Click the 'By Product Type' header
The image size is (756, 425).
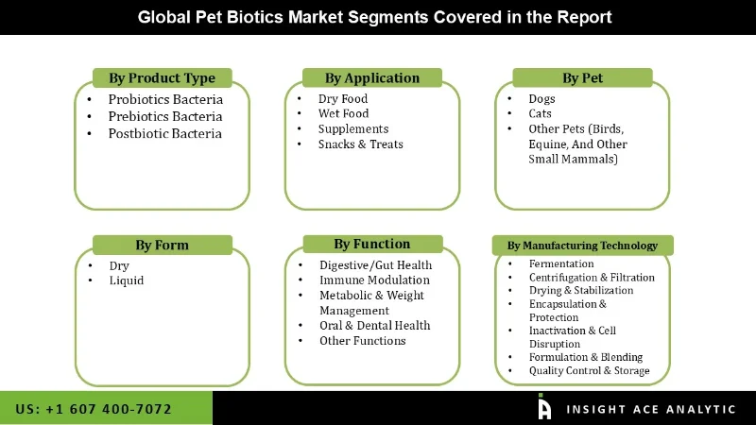(x=162, y=78)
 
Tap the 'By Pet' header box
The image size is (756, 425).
(x=582, y=78)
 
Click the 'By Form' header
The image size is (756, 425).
(x=162, y=246)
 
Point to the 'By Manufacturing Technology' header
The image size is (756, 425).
(x=582, y=246)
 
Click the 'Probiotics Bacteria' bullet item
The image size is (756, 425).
(x=165, y=99)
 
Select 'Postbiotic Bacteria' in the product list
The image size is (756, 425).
(x=164, y=133)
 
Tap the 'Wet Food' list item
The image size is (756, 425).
(x=343, y=114)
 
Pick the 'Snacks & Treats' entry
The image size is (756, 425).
(x=360, y=144)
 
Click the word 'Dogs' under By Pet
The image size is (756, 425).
(x=541, y=99)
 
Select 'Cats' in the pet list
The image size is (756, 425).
(x=540, y=114)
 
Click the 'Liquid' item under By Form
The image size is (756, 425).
(x=126, y=280)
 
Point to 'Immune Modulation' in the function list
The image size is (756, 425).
(x=374, y=280)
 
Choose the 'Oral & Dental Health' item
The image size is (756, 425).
(x=374, y=326)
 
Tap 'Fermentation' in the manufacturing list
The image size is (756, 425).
(x=561, y=264)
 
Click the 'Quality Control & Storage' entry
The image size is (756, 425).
(x=589, y=371)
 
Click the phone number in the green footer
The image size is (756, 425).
(x=94, y=409)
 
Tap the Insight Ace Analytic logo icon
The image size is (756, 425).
(x=544, y=408)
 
